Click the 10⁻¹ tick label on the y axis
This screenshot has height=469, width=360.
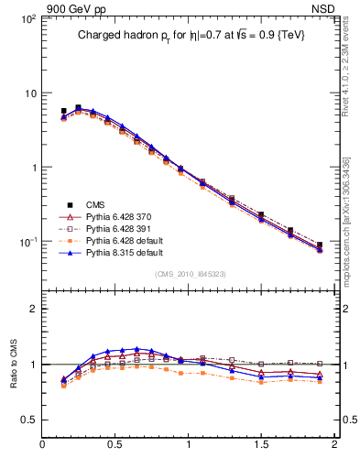[x=27, y=242]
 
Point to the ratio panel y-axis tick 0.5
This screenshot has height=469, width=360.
[x=30, y=420]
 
